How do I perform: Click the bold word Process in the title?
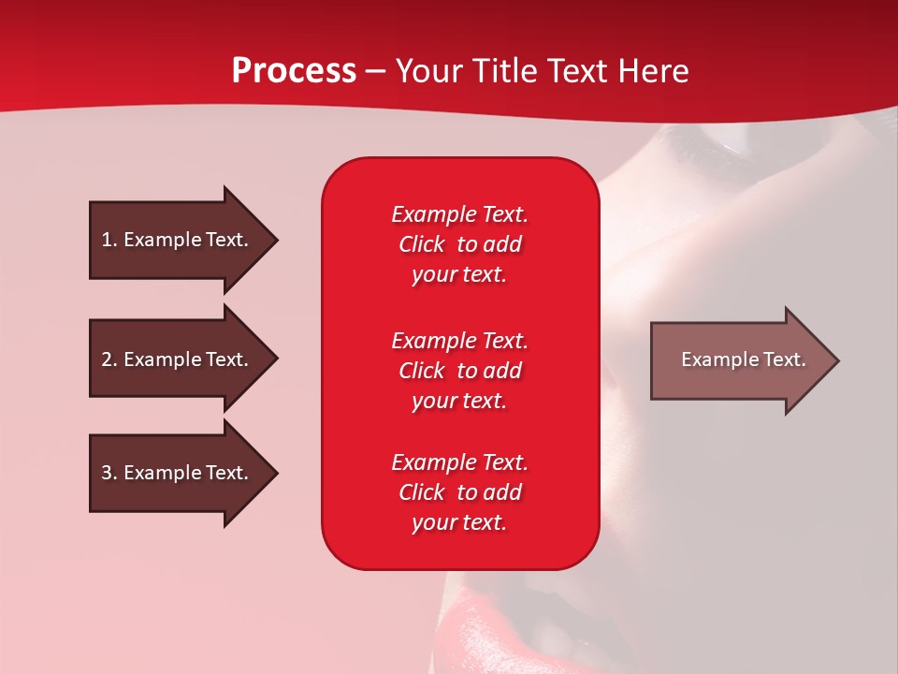pyautogui.click(x=294, y=71)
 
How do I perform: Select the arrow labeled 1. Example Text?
pyautogui.click(x=178, y=240)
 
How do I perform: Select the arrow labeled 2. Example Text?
pyautogui.click(x=178, y=359)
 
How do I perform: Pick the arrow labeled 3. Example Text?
pyautogui.click(x=178, y=473)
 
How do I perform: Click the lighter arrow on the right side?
pyautogui.click(x=739, y=360)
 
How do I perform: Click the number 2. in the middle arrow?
pyautogui.click(x=109, y=359)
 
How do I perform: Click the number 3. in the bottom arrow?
pyautogui.click(x=109, y=473)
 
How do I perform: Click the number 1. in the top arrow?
pyautogui.click(x=109, y=240)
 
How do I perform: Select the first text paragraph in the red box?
pyautogui.click(x=459, y=244)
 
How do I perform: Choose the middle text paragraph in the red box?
pyautogui.click(x=459, y=371)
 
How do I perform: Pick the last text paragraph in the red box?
pyautogui.click(x=459, y=492)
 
